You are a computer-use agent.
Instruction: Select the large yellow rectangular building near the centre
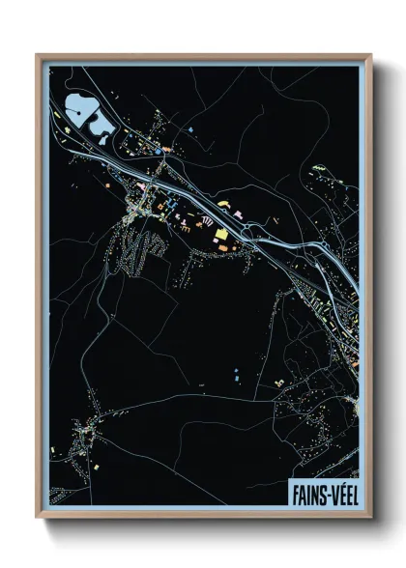coord(221,234)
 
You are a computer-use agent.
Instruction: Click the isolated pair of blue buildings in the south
coord(236,373)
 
